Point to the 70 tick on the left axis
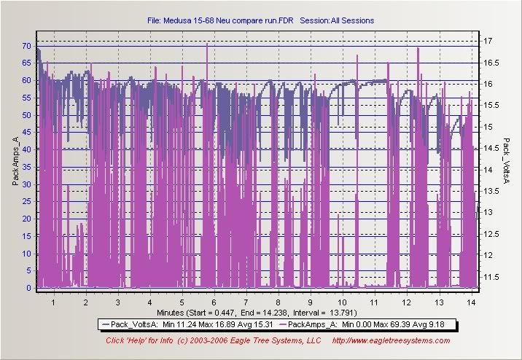pos(26,46)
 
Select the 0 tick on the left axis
pos(29,288)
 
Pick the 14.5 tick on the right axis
pos(491,148)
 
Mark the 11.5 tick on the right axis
pos(491,277)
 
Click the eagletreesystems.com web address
pos(391,340)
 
